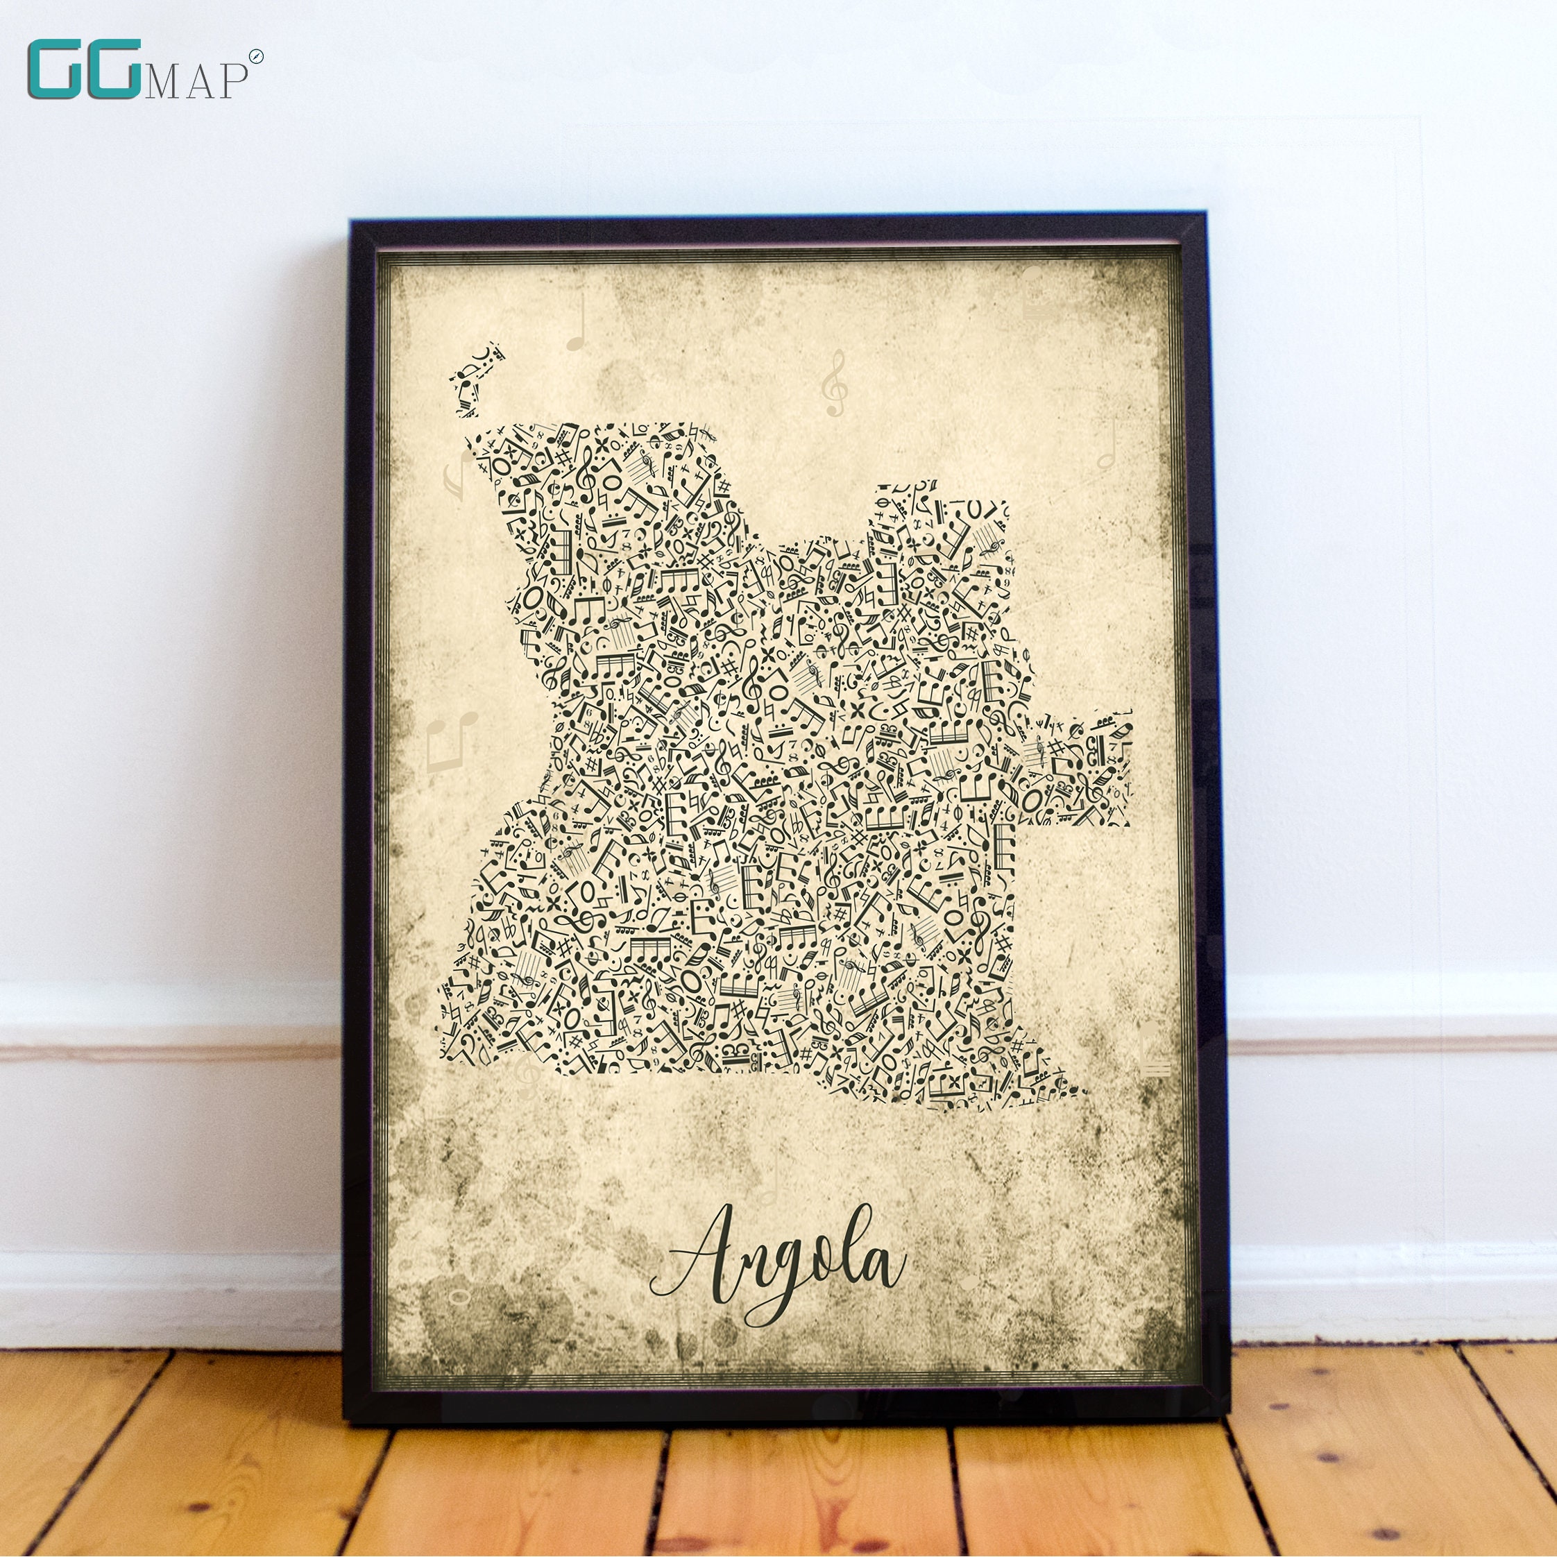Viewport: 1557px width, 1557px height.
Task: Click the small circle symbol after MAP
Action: click(256, 56)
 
